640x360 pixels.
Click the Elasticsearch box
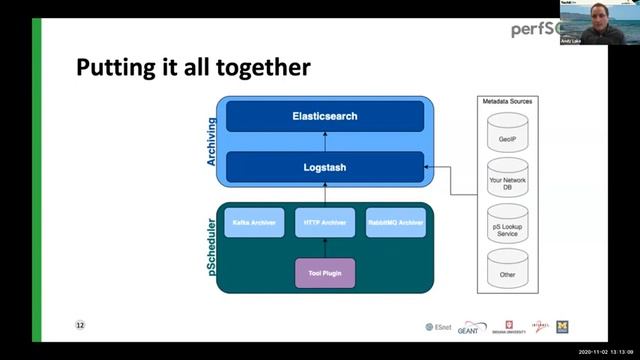[x=325, y=116]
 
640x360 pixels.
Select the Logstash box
[x=325, y=167]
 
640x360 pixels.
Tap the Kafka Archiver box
[x=254, y=222]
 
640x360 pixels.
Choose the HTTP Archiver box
[x=325, y=222]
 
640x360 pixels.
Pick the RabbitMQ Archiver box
[x=396, y=222]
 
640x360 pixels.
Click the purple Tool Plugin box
[x=325, y=271]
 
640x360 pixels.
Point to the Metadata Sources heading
[x=507, y=101]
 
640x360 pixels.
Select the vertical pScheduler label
[x=212, y=249]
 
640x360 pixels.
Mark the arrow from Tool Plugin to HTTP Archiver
[x=325, y=248]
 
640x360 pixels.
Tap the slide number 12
[x=81, y=325]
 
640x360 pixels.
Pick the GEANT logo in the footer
[x=474, y=328]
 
